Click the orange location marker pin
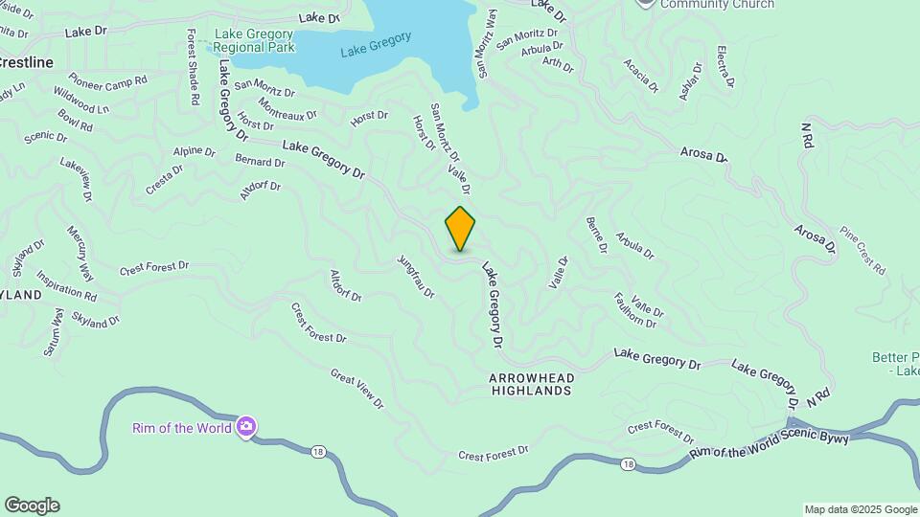pyautogui.click(x=460, y=228)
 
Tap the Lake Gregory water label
pyautogui.click(x=376, y=44)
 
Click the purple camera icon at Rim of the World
pyautogui.click(x=246, y=427)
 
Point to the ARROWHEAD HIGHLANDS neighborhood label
pyautogui.click(x=531, y=384)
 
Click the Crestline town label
pyautogui.click(x=26, y=61)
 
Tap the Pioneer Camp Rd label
pyautogui.click(x=107, y=80)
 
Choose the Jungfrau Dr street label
pyautogui.click(x=416, y=276)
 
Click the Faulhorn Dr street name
pyautogui.click(x=633, y=309)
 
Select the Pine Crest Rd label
pyautogui.click(x=862, y=251)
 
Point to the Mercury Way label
pyautogui.click(x=80, y=253)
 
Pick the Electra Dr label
pyautogui.click(x=724, y=66)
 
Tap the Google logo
pyautogui.click(x=32, y=506)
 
